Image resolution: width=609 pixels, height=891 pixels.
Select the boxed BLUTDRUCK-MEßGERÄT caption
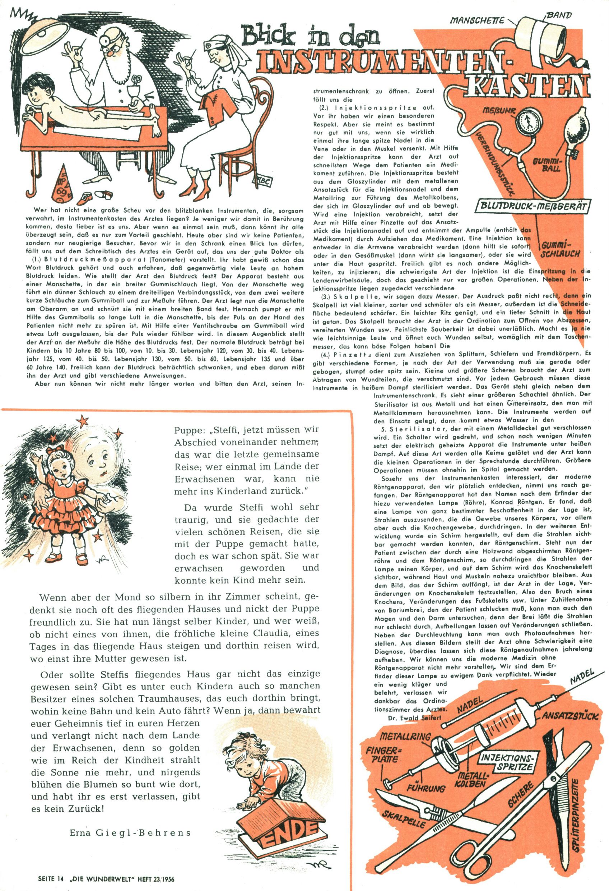(x=533, y=207)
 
